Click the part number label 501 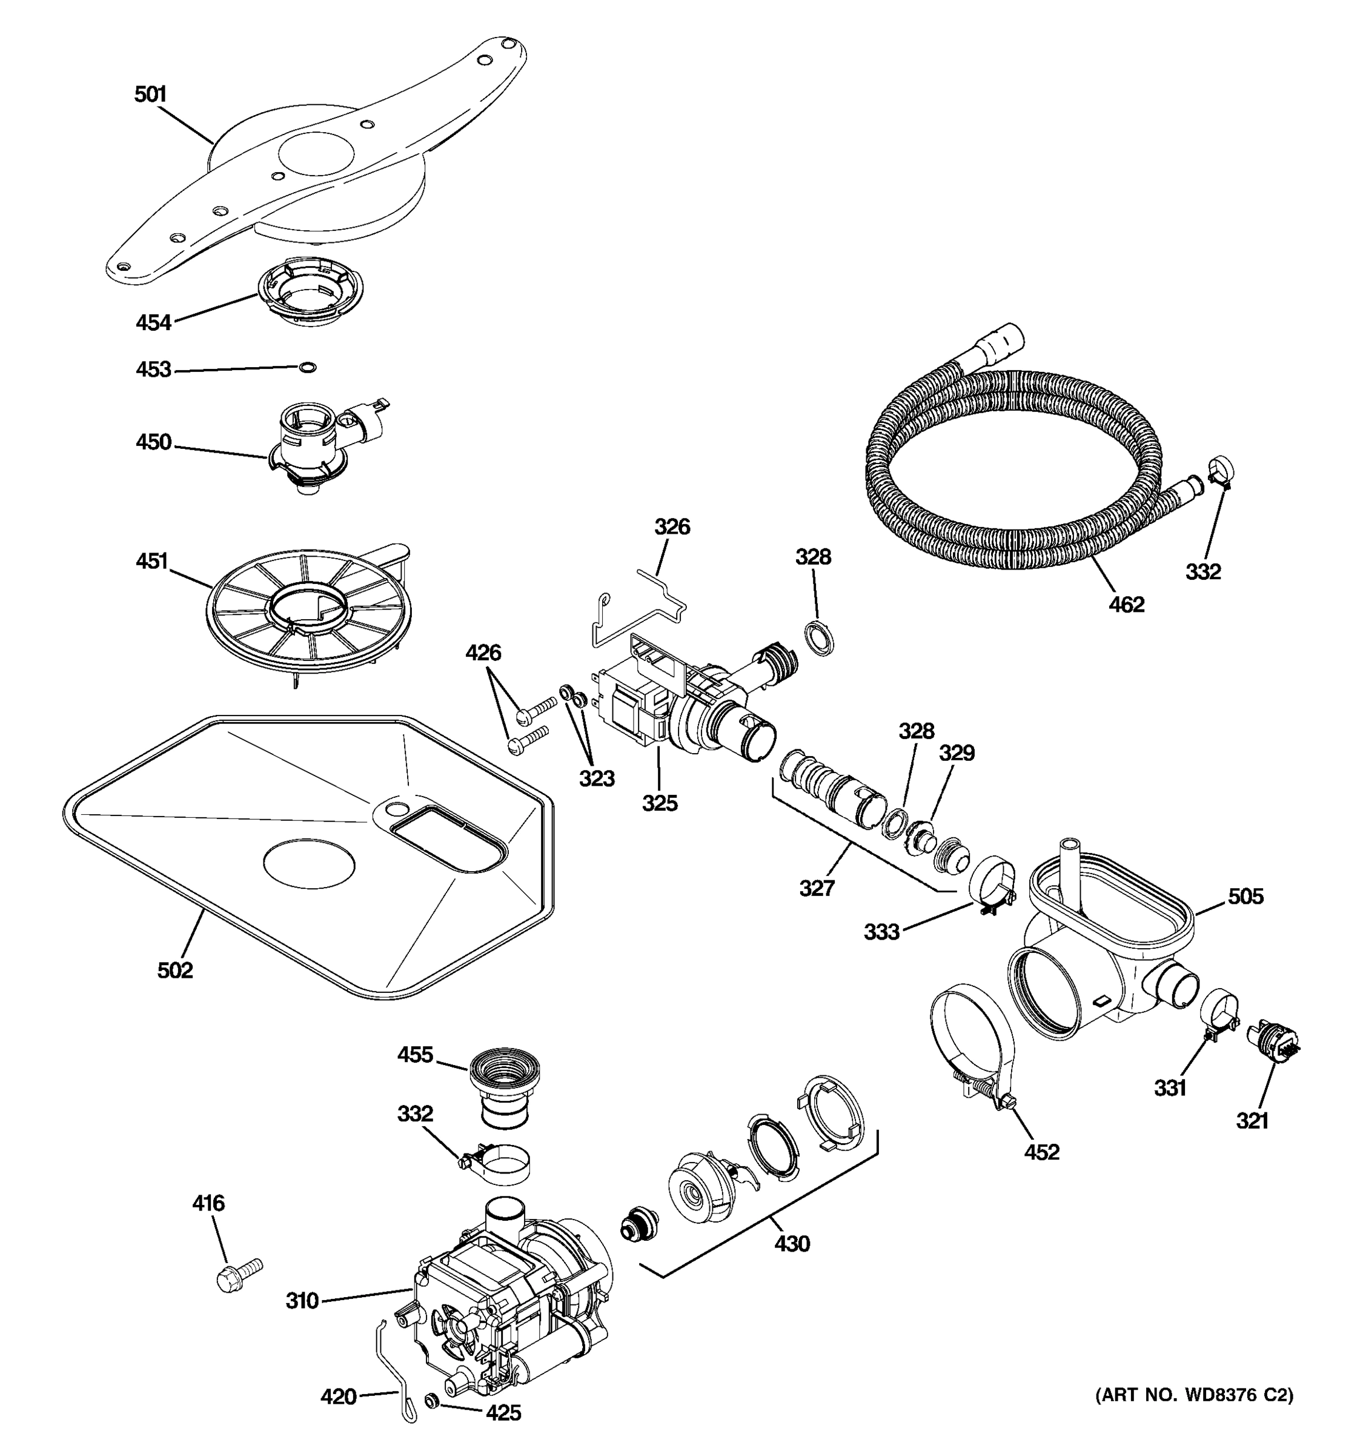point(151,95)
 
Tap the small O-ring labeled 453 point(308,367)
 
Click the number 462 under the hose point(1126,605)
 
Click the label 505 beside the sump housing point(1245,896)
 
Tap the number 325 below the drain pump point(660,803)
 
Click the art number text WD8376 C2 point(1193,1395)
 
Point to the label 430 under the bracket point(792,1243)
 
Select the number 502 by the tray point(176,971)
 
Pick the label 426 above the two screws point(483,652)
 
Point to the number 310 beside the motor point(302,1300)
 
